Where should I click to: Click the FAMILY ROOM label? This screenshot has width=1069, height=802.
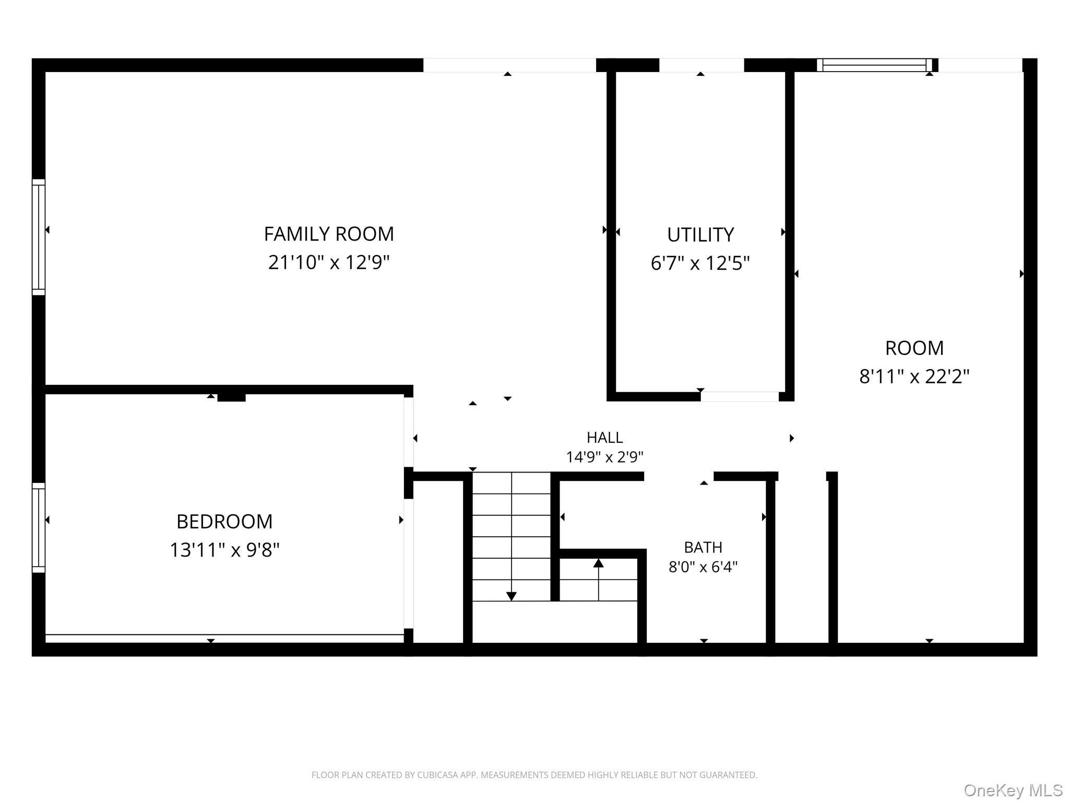coord(329,234)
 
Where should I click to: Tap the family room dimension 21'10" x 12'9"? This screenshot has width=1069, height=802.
coord(329,262)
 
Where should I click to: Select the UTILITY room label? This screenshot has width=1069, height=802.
coord(700,235)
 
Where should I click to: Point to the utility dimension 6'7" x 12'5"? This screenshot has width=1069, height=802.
coord(700,263)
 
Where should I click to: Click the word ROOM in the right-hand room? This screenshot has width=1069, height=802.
coord(914,348)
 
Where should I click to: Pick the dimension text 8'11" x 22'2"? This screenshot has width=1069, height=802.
coord(914,376)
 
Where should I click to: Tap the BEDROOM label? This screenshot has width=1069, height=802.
coord(224,522)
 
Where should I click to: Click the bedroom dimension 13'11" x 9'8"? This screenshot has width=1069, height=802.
coord(224,550)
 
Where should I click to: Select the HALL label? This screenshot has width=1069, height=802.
coord(605,438)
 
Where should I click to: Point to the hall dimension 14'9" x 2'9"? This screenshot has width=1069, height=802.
coord(605,457)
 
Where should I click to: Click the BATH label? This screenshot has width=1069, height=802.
coord(703,547)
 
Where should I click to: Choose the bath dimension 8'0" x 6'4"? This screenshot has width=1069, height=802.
coord(703,567)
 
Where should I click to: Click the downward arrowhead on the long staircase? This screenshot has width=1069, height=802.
coord(512,596)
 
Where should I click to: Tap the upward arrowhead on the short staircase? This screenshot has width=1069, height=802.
coord(599,563)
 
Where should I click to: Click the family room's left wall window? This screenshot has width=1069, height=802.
coord(39,237)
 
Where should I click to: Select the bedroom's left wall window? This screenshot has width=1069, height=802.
coord(39,527)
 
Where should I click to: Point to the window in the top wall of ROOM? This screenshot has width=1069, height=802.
coord(874,65)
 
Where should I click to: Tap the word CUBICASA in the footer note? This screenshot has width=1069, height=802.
coord(437,775)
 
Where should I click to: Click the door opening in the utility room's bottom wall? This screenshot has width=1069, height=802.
coord(740,397)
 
